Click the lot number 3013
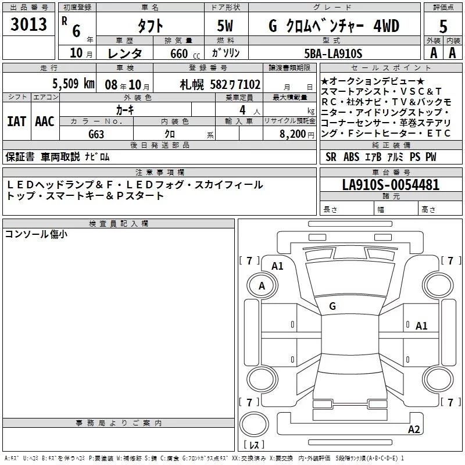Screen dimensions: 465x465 [28, 24]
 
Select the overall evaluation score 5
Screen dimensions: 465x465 [443, 26]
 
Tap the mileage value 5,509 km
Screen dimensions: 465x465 [73, 84]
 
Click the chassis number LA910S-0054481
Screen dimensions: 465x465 [391, 184]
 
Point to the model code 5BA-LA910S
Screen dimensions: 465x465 [333, 53]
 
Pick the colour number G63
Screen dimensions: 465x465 [96, 134]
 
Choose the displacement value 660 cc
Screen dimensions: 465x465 [185, 53]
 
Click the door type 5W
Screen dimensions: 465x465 [225, 26]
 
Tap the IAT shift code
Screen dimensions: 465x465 [17, 121]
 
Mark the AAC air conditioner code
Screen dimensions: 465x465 [45, 121]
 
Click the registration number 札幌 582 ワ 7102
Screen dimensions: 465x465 [220, 85]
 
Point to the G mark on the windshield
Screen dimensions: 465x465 [332, 306]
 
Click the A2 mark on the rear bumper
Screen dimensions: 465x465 [414, 429]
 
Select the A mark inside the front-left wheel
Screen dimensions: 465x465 [262, 285]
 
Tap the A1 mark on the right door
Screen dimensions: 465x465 [421, 326]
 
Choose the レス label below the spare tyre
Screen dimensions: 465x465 [254, 445]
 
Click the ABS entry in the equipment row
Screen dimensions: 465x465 [351, 156]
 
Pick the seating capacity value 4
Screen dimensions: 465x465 [242, 110]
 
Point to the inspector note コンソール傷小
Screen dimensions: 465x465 [36, 234]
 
